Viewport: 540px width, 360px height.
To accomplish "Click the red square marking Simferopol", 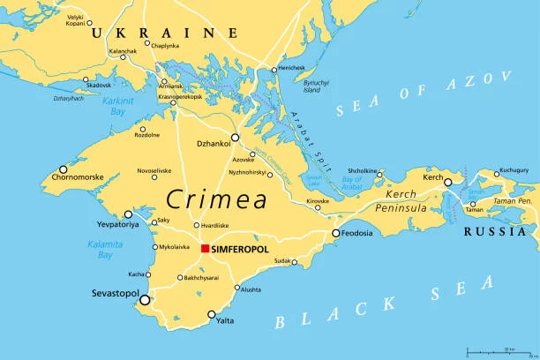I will pyautogui.click(x=205, y=249).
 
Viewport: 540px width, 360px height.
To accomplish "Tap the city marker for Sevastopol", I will pyautogui.click(x=145, y=301).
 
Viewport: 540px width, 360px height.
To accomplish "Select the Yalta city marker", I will pyautogui.click(x=212, y=314).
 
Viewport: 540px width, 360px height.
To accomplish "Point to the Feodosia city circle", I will pyautogui.click(x=336, y=233).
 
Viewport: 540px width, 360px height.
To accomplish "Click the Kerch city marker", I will pyautogui.click(x=448, y=183).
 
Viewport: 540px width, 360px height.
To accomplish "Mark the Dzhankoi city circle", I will pyautogui.click(x=235, y=139).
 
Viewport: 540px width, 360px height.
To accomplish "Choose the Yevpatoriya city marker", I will pyautogui.click(x=128, y=214).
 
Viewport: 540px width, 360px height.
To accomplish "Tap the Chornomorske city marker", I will pyautogui.click(x=63, y=169).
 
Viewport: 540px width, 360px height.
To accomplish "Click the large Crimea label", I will pyautogui.click(x=218, y=199).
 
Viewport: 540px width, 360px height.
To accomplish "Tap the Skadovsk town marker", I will pyautogui.click(x=86, y=79).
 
